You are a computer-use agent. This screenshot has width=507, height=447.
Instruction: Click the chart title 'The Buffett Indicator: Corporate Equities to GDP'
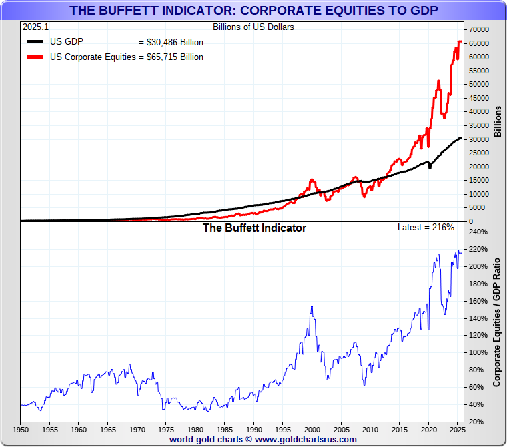[x=253, y=10]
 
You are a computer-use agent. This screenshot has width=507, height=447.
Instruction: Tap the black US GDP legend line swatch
[x=35, y=42]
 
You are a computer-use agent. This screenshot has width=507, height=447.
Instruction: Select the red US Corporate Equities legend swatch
[x=35, y=57]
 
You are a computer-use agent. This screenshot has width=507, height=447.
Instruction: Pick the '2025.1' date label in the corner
[x=35, y=27]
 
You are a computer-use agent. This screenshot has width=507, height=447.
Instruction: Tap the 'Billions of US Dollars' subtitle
[x=253, y=27]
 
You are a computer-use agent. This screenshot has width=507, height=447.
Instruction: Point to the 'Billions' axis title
[x=498, y=121]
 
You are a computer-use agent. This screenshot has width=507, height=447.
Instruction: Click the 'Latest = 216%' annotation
[x=426, y=228]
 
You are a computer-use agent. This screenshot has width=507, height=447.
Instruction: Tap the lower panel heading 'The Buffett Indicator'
[x=254, y=228]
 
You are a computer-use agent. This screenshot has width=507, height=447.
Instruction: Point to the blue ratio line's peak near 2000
[x=312, y=307]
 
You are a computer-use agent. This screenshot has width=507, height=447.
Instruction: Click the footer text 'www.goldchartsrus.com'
[x=306, y=440]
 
